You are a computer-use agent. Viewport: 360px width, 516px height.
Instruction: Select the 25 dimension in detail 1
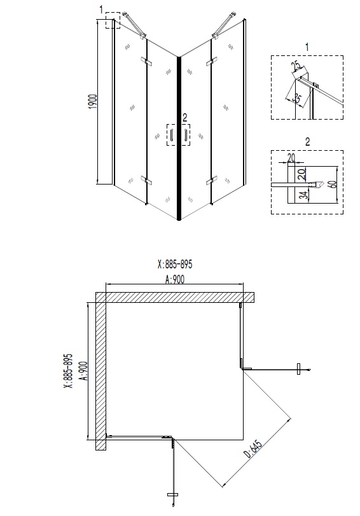pos(295,67)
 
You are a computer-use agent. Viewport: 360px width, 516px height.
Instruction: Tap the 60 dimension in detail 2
pos(331,184)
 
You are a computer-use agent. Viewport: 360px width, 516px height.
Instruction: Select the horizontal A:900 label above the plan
pos(174,279)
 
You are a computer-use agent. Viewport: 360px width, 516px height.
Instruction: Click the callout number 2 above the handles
pos(184,116)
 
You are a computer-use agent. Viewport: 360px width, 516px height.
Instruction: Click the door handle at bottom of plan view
pos(170,494)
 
